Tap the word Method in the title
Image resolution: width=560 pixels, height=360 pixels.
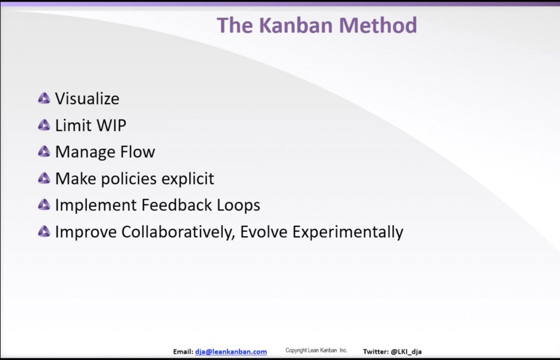(378, 25)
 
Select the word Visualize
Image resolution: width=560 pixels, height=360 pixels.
(87, 98)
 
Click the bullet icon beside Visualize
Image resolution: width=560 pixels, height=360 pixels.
(44, 98)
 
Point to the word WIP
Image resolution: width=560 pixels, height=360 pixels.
(112, 125)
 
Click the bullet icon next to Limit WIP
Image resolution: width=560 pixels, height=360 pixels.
(44, 125)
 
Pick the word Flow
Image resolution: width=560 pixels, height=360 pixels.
(137, 151)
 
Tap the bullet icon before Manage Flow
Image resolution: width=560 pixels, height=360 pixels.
(44, 151)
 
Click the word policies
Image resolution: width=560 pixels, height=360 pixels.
(129, 179)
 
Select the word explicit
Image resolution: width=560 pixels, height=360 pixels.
(188, 179)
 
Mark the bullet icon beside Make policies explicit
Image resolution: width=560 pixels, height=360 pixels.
(44, 178)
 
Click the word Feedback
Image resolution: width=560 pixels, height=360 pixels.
(177, 205)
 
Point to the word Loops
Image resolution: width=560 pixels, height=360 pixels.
(238, 206)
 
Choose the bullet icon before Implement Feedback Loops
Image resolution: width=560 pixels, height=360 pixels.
(44, 205)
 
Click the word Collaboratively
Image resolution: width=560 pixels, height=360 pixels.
(178, 232)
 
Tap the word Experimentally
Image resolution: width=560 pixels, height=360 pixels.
(348, 232)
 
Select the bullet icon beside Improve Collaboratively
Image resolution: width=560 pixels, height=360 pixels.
(44, 231)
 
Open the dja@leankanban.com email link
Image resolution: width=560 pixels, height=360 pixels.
(231, 352)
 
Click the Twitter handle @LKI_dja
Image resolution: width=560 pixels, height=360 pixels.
(406, 352)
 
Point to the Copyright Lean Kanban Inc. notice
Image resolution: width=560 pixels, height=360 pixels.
(316, 350)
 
